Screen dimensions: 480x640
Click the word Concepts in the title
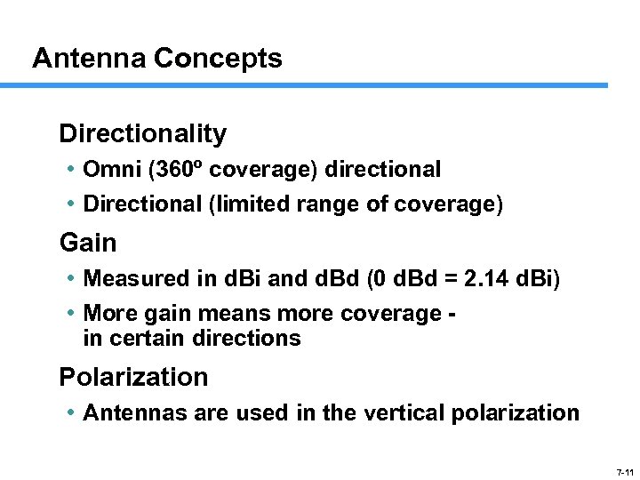click(x=218, y=59)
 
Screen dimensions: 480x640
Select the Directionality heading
click(x=142, y=134)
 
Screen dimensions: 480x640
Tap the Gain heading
click(x=88, y=243)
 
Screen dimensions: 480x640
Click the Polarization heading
click(x=133, y=377)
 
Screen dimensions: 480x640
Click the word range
click(x=321, y=204)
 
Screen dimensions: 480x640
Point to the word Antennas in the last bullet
click(x=124, y=412)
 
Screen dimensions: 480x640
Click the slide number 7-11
click(x=624, y=471)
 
